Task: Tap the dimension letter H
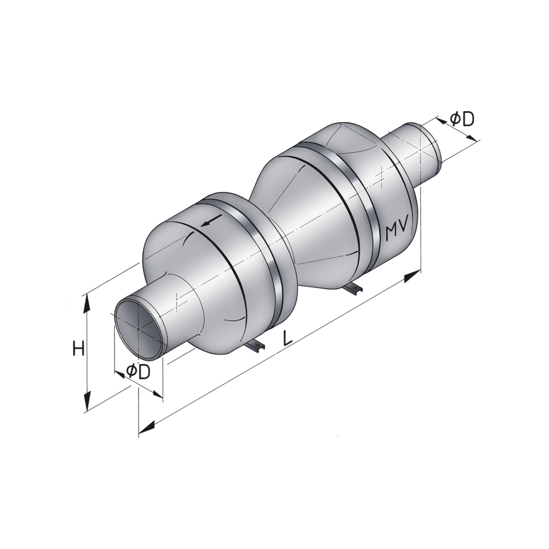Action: [x=78, y=349]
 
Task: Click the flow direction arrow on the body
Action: [x=211, y=221]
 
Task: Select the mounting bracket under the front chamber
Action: [x=255, y=346]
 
